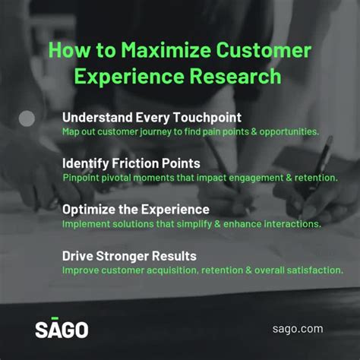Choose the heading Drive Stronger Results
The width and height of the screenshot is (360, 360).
129,255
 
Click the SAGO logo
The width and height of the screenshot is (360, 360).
61,329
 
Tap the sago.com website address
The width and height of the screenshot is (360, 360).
297,329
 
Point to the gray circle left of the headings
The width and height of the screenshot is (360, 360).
27,118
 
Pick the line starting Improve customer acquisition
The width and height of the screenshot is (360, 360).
202,270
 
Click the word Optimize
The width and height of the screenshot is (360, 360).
91,210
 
